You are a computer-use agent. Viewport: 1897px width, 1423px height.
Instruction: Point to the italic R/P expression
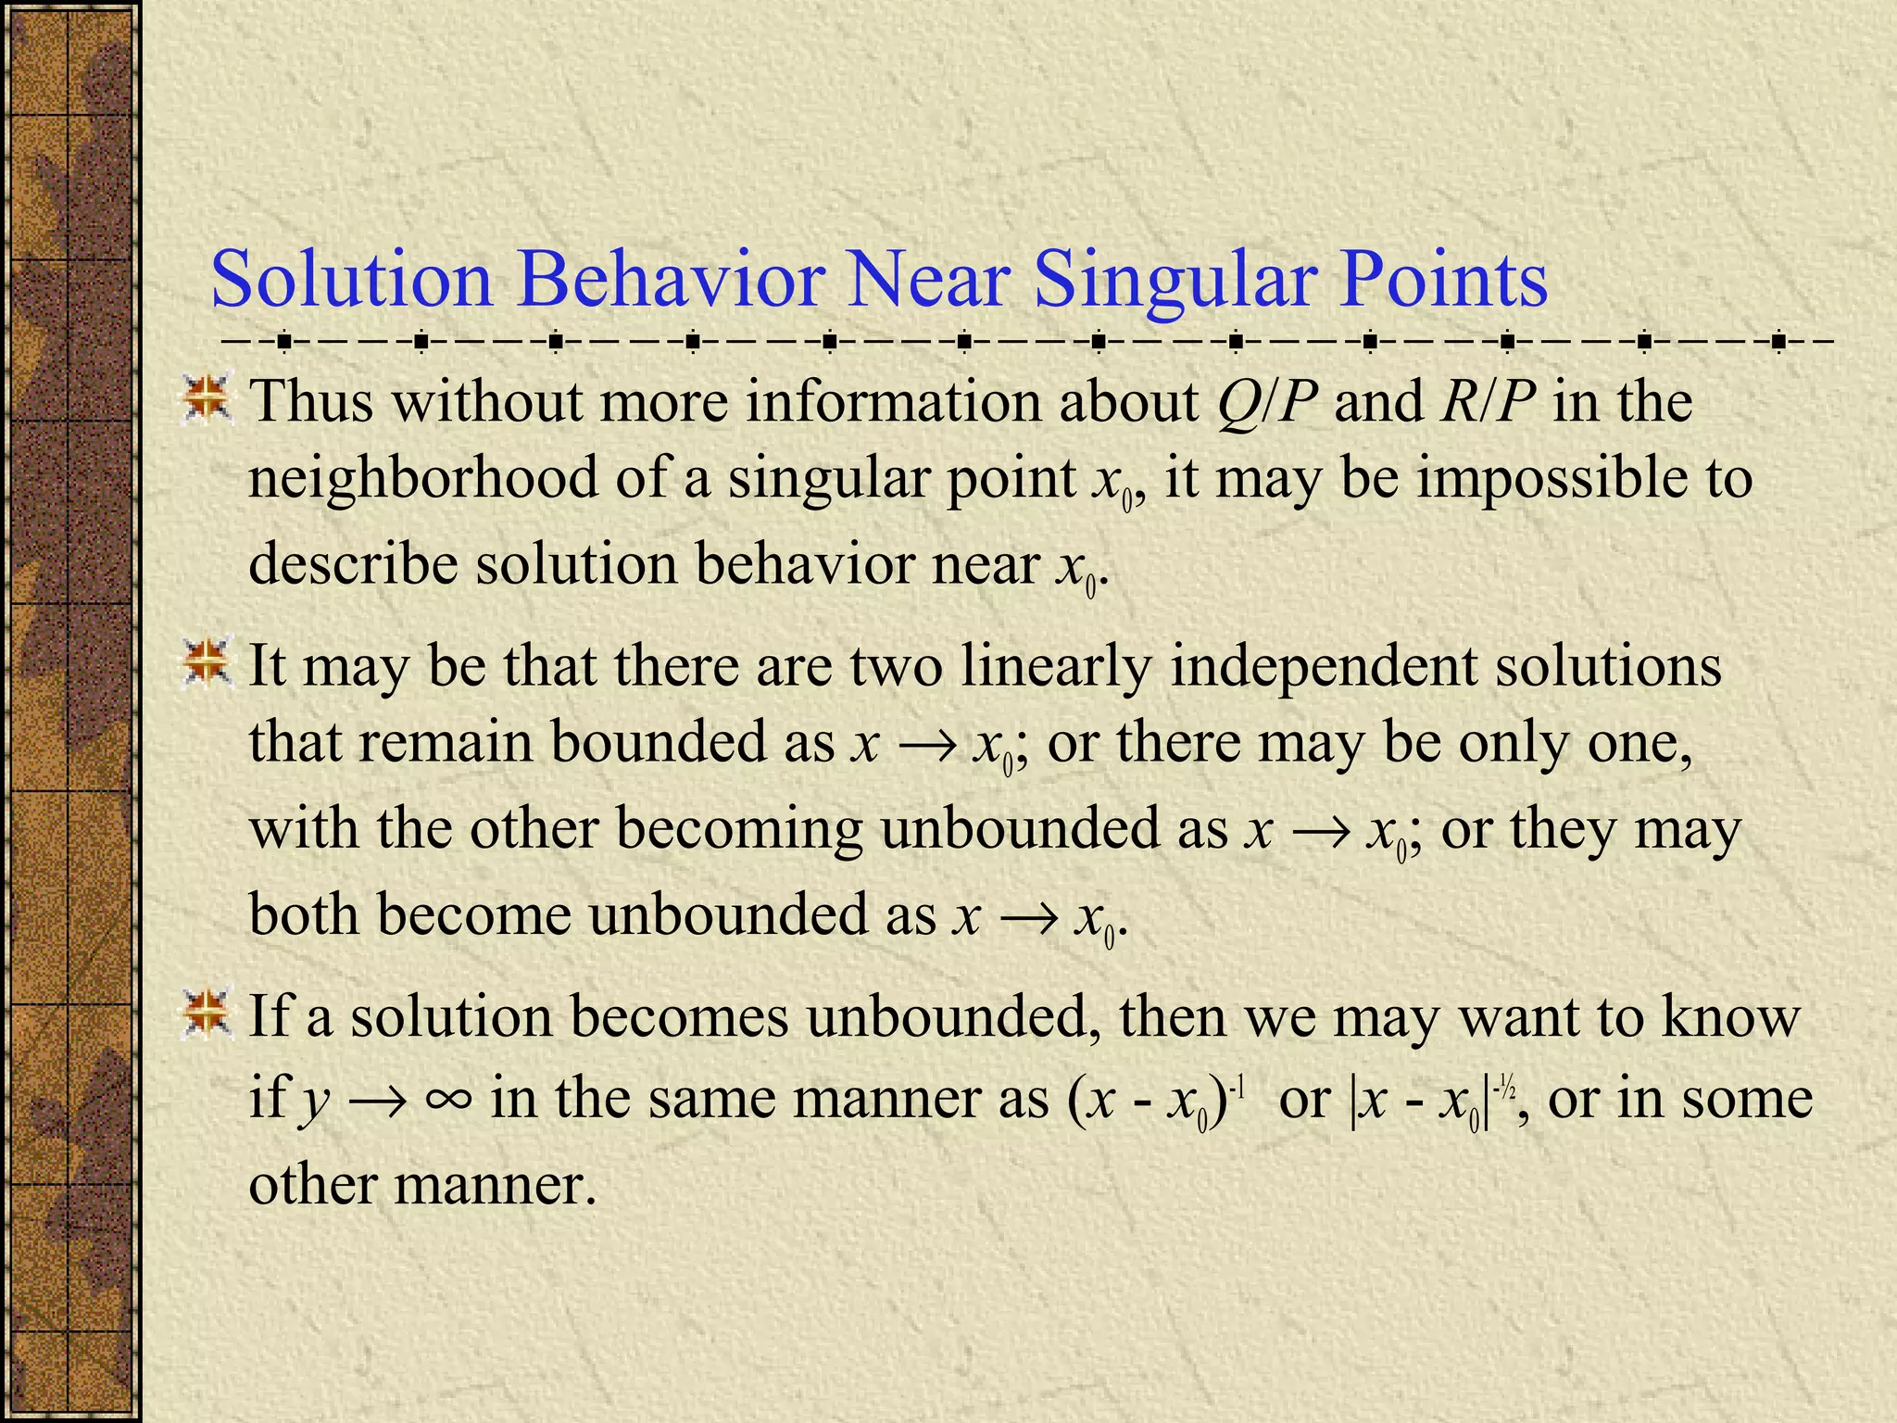[1488, 403]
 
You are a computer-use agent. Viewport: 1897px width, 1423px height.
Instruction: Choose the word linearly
[1055, 666]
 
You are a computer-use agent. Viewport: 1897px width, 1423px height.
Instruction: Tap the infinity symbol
[448, 1101]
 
